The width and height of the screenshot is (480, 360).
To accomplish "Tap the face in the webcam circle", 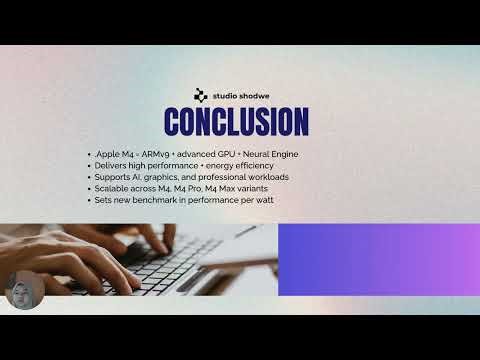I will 20,290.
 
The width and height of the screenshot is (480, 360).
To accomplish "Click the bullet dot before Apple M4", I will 90,154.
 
